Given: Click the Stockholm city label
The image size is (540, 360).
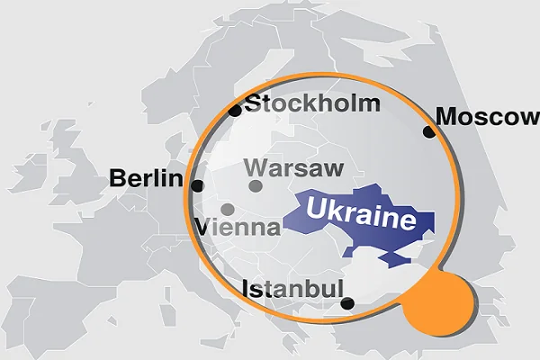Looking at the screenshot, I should pos(312,103).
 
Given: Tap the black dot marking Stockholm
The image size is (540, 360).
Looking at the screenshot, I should pos(235,111).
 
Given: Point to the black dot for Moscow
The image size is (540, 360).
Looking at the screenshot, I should pos(428,132).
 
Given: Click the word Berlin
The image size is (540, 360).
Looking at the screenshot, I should pos(145,178).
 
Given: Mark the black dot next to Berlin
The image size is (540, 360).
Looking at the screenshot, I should pos(197,186).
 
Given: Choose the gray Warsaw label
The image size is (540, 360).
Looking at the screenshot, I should pos(293,168).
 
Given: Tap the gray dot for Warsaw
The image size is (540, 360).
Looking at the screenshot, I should pos(256,186).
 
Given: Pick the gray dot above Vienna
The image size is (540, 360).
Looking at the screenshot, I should pos(227,209).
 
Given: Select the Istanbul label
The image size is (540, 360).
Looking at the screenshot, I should pos(293,289).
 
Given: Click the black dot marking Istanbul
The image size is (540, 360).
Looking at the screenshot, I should pos(347,303).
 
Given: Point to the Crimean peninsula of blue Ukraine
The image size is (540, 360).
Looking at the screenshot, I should pos(393,258).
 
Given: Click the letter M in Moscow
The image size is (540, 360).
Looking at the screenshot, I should pos(446,116).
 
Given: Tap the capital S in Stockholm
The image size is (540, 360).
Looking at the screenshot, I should pos(254,103).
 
